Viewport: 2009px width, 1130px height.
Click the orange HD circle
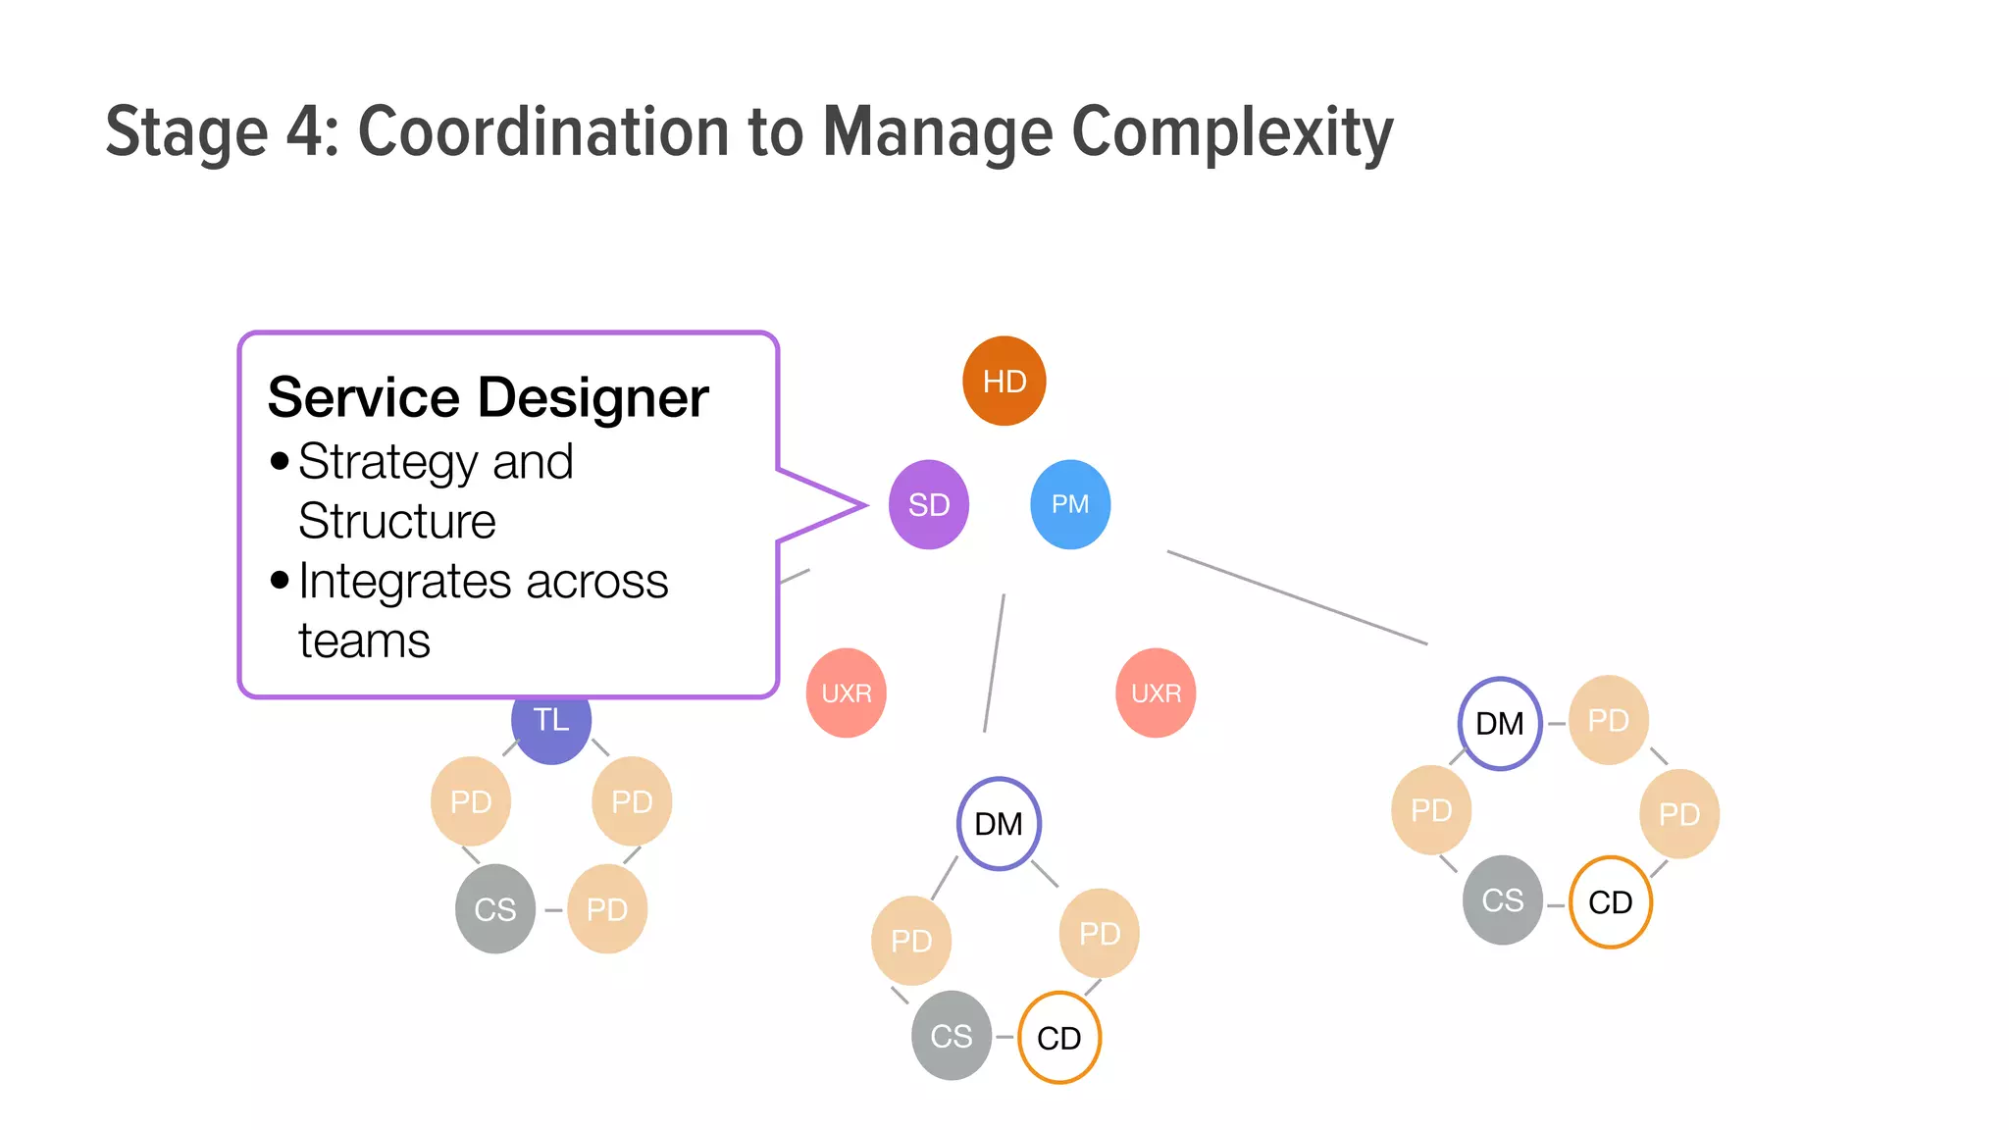pos(1004,381)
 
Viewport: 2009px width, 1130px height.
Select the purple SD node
pos(928,504)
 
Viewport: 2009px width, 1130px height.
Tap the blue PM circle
pos(1070,504)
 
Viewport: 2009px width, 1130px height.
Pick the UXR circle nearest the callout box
pos(846,693)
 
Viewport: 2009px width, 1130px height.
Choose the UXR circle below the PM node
pos(1156,693)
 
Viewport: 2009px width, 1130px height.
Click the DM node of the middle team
pos(999,824)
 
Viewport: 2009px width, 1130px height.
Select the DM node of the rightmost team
pos(1499,724)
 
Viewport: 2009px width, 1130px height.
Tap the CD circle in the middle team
pos(1059,1038)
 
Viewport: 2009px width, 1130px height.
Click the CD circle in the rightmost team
pos(1610,902)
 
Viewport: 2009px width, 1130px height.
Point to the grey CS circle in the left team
pos(495,909)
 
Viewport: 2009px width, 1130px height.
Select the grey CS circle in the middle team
pos(951,1036)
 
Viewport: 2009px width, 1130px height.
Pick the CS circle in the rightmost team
pos(1502,900)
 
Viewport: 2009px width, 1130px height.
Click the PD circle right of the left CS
pos(607,909)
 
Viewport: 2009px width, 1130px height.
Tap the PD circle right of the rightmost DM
pos(1609,721)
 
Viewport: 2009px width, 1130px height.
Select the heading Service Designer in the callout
pos(488,397)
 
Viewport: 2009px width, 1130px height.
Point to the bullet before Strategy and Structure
pos(280,461)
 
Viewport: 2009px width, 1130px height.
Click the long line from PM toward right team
pos(1297,597)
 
